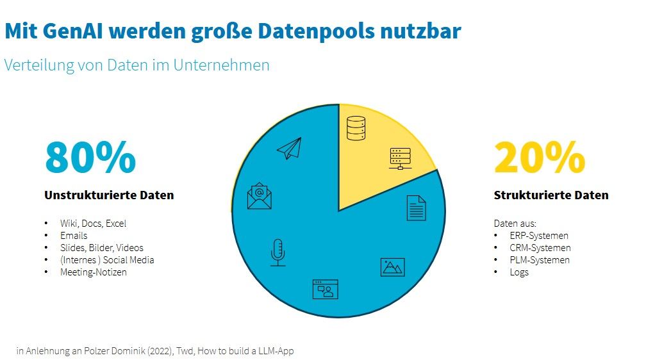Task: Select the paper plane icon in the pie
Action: [x=289, y=149]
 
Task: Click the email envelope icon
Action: [x=260, y=196]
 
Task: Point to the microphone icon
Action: [x=278, y=252]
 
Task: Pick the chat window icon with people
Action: [x=325, y=289]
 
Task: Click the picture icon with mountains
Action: [x=392, y=267]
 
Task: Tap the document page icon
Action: [x=416, y=208]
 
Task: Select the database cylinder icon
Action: [x=356, y=127]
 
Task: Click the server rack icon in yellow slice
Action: [x=400, y=159]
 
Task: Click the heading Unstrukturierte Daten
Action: [x=109, y=195]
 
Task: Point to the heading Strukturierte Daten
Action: [x=551, y=195]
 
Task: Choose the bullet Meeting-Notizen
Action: [x=94, y=272]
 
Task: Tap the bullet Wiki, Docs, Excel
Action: [x=93, y=224]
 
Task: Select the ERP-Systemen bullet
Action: [x=539, y=236]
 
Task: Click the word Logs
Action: [x=519, y=272]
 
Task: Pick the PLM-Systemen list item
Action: [x=540, y=260]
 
